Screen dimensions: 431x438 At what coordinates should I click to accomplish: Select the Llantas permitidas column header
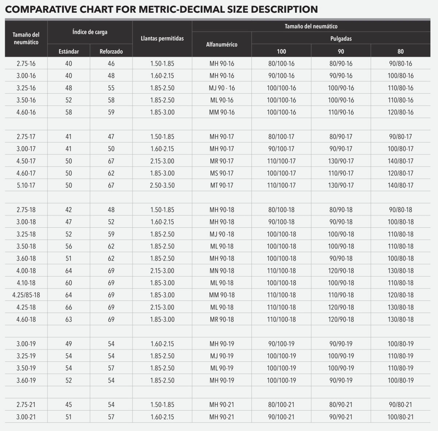(162, 38)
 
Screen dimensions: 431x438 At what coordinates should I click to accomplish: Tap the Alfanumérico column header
(222, 44)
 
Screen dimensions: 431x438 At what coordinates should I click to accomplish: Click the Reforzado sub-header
(111, 51)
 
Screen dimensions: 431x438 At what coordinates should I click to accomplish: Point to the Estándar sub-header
(69, 51)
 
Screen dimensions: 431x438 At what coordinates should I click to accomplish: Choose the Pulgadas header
(341, 38)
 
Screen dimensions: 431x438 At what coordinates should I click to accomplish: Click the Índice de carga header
(90, 32)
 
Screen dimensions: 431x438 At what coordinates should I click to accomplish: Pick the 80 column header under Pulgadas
(400, 51)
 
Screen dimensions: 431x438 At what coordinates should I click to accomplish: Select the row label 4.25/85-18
(26, 295)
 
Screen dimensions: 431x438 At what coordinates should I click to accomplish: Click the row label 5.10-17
(26, 185)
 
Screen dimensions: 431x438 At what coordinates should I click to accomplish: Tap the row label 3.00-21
(26, 417)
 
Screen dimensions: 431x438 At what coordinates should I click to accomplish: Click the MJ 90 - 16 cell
(222, 88)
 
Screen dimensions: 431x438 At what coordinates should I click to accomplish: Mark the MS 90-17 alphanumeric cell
(222, 173)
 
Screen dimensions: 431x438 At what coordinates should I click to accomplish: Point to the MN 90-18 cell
(222, 271)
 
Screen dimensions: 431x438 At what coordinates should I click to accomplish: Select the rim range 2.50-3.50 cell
(162, 185)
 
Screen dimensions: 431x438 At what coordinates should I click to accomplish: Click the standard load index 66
(69, 307)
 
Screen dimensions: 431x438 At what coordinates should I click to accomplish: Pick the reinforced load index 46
(111, 64)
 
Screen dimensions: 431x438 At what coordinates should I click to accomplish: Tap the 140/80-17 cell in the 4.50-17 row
(400, 161)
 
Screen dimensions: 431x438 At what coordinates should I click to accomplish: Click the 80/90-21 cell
(341, 405)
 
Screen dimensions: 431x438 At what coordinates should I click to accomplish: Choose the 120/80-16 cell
(400, 112)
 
